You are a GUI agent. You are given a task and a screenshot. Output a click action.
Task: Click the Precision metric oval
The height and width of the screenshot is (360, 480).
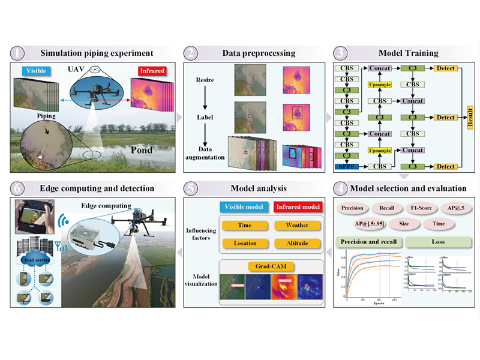tap(353, 208)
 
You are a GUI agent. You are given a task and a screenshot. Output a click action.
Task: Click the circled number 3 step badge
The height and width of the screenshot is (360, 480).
tap(340, 53)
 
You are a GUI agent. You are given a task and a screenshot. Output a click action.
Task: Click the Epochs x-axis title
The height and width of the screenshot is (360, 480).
tap(371, 304)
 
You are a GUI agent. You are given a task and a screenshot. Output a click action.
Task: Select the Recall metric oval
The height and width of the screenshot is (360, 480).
tap(386, 208)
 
